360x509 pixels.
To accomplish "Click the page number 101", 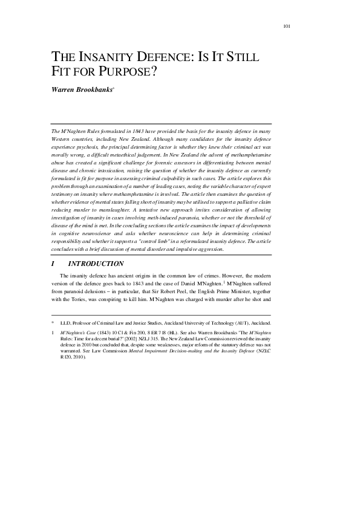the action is [287, 26].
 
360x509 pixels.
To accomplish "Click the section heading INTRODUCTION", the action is [96, 264].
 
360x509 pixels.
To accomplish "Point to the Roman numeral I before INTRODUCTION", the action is [53, 264].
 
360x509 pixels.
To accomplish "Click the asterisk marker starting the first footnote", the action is [53, 323].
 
